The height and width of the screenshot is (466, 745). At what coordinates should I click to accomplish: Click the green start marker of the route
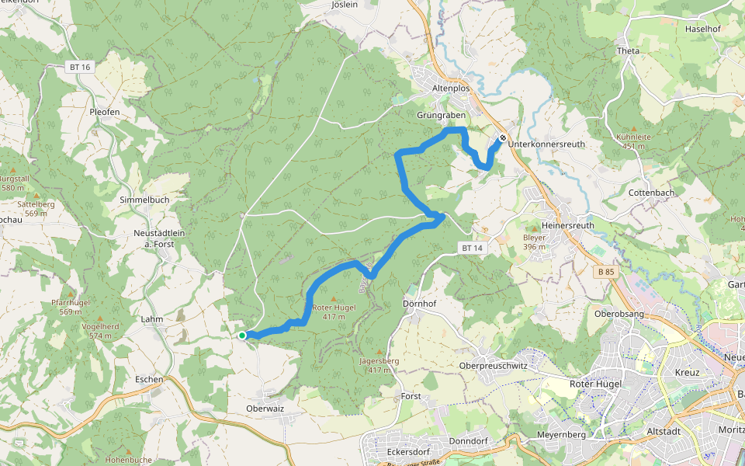pos(242,336)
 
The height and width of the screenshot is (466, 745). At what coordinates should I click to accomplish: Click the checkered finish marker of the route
pos(503,137)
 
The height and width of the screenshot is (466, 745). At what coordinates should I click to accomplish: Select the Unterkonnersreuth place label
pos(547,144)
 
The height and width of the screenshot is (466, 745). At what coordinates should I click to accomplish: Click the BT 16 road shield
pos(80,68)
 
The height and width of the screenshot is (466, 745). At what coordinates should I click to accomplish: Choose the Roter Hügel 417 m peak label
pos(334,311)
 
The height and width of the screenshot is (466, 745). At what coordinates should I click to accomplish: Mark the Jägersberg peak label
pos(379,365)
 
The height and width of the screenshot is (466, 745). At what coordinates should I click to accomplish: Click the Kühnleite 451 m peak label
pos(633,141)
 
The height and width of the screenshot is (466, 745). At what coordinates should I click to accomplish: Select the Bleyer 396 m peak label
pos(535,242)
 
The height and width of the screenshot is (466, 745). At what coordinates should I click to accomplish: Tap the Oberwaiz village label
pos(265,408)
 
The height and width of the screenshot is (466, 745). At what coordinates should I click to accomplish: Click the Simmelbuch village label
pos(144,200)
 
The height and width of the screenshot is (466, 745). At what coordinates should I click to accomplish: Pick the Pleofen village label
pos(104,112)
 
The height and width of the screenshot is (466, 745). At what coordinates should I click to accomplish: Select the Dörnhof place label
pos(421,303)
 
